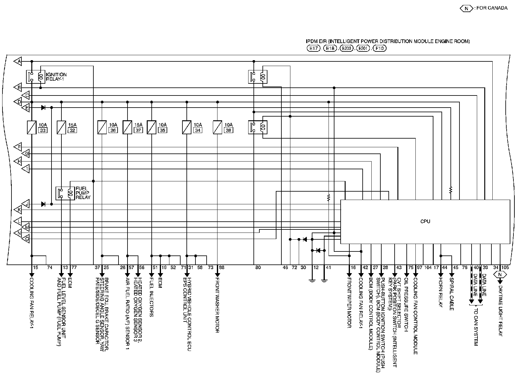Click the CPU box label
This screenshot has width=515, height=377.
[425, 221]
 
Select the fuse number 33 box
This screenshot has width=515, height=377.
[43, 130]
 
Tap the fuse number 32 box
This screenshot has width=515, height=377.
[72, 130]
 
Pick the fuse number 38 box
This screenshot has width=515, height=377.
[228, 130]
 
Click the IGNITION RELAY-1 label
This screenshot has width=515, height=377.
[56, 77]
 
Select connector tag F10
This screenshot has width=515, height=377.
[379, 48]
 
